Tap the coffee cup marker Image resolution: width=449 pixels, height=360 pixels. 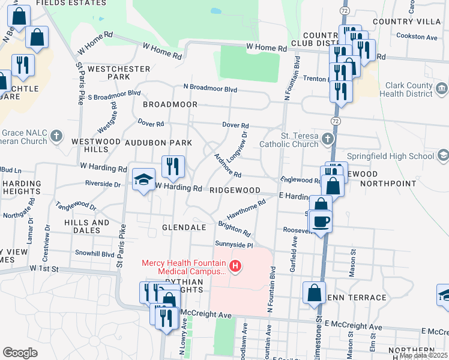click(321, 221)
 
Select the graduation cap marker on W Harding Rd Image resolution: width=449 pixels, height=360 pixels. click(143, 180)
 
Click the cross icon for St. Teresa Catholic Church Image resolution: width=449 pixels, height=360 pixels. click(327, 139)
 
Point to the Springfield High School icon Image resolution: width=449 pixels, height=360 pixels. click(443, 156)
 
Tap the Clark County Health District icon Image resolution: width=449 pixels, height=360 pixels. click(442, 89)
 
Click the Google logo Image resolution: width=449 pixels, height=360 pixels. click(20, 353)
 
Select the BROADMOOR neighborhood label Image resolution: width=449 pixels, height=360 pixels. click(170, 104)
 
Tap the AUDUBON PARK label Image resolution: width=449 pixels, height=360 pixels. click(158, 143)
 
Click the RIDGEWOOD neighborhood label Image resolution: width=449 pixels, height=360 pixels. click(235, 190)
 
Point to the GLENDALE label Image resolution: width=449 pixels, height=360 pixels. click(184, 227)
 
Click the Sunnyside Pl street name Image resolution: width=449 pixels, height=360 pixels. click(235, 245)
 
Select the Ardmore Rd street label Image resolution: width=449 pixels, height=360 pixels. click(228, 166)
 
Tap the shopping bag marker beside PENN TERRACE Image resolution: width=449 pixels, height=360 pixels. click(314, 293)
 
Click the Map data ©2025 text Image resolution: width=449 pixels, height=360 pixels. click(423, 355)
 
